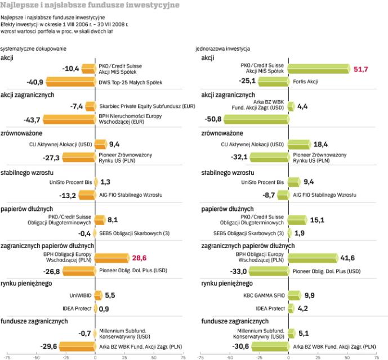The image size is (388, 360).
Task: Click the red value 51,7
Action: [344, 69]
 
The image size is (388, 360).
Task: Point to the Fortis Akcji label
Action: [306, 82]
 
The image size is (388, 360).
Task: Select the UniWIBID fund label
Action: [81, 294]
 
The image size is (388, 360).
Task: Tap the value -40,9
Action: [35, 82]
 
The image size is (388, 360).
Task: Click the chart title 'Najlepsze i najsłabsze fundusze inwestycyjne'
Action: [90, 5]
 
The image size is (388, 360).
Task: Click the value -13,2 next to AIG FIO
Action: [68, 195]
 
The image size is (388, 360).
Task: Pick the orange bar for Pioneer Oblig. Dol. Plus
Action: [79, 271]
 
